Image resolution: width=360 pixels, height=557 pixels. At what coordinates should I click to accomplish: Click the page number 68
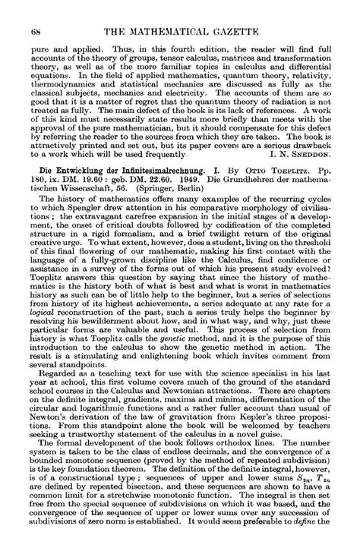(x=35, y=9)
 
